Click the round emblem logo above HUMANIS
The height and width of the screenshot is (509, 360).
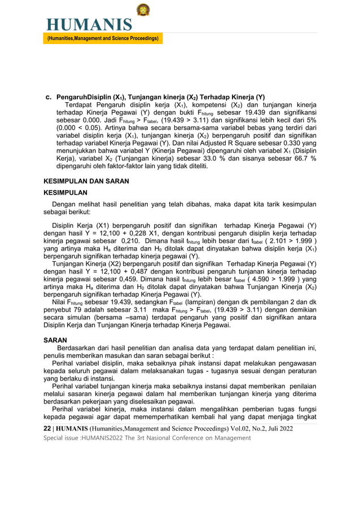pos(143,10)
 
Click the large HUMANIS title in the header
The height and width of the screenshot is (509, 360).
pos(90,25)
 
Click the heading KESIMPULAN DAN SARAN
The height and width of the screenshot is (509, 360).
pos(86,181)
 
